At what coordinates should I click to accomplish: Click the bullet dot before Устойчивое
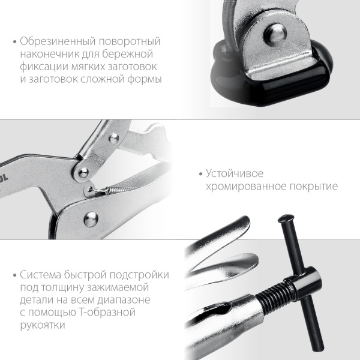pos(200,175)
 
